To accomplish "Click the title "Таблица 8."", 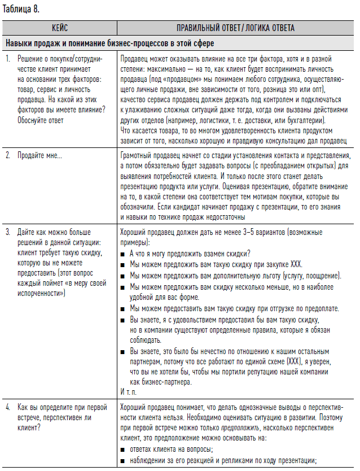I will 20,9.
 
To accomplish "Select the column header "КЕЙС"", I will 60,28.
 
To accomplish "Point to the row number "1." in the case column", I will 8,59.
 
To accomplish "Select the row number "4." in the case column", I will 8,406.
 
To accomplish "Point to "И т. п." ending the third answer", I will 129,391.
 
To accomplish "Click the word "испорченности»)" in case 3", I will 41,294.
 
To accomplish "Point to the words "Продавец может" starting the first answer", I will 146,59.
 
